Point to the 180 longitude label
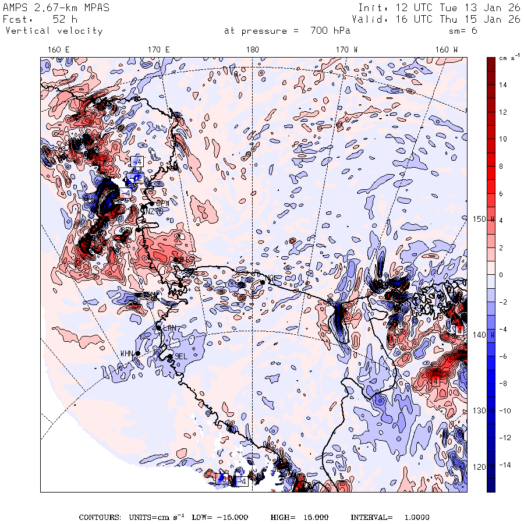click(253, 50)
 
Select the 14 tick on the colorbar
click(503, 85)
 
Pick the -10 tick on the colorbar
click(504, 411)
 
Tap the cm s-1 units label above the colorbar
click(505, 58)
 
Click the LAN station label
click(169, 328)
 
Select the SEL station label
click(181, 356)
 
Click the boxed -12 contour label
click(136, 176)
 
